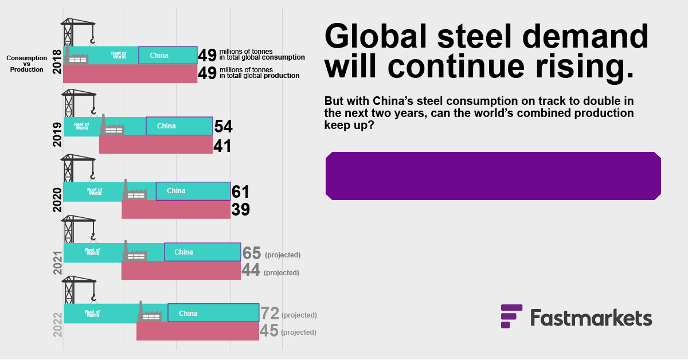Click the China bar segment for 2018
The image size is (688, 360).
pos(167,55)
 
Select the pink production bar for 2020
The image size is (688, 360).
pos(175,210)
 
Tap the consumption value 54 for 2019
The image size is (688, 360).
pos(223,127)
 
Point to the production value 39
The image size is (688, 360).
pos(240,210)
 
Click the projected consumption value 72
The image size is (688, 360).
pos(269,314)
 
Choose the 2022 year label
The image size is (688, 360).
pos(57,324)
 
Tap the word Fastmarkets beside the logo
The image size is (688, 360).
pos(591,318)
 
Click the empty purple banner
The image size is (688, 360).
pos(493,176)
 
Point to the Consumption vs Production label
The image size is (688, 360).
pos(26,64)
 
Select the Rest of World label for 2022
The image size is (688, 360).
pos(92,314)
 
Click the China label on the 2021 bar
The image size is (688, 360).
pos(183,252)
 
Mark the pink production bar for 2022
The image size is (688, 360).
pos(197,331)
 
